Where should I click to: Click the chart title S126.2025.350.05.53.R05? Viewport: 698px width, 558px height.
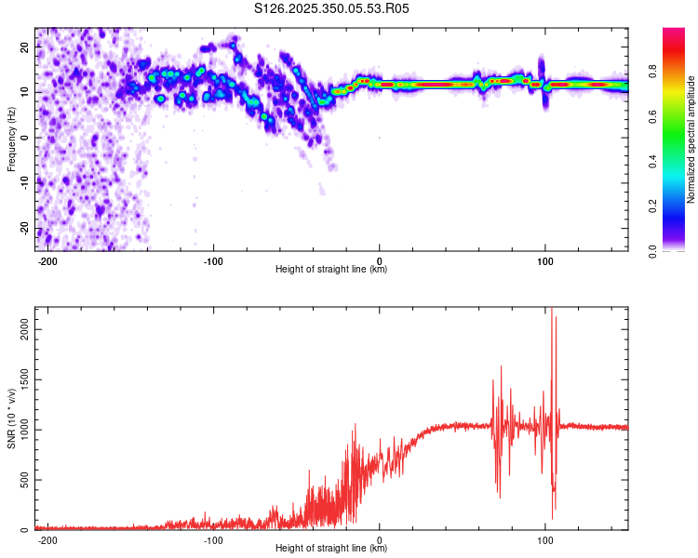click(331, 8)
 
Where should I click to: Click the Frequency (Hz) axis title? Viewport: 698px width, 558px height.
click(11, 139)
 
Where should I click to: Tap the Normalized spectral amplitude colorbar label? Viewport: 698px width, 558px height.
click(691, 139)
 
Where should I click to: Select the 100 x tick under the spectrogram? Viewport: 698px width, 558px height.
click(544, 259)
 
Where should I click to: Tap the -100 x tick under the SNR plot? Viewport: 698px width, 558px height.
click(213, 538)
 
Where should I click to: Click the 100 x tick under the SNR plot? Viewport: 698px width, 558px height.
click(544, 538)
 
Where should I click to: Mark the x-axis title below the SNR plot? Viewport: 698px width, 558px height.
click(331, 549)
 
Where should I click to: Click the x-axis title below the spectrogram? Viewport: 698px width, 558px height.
click(331, 270)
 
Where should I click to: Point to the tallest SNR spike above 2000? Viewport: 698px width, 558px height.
click(552, 310)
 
